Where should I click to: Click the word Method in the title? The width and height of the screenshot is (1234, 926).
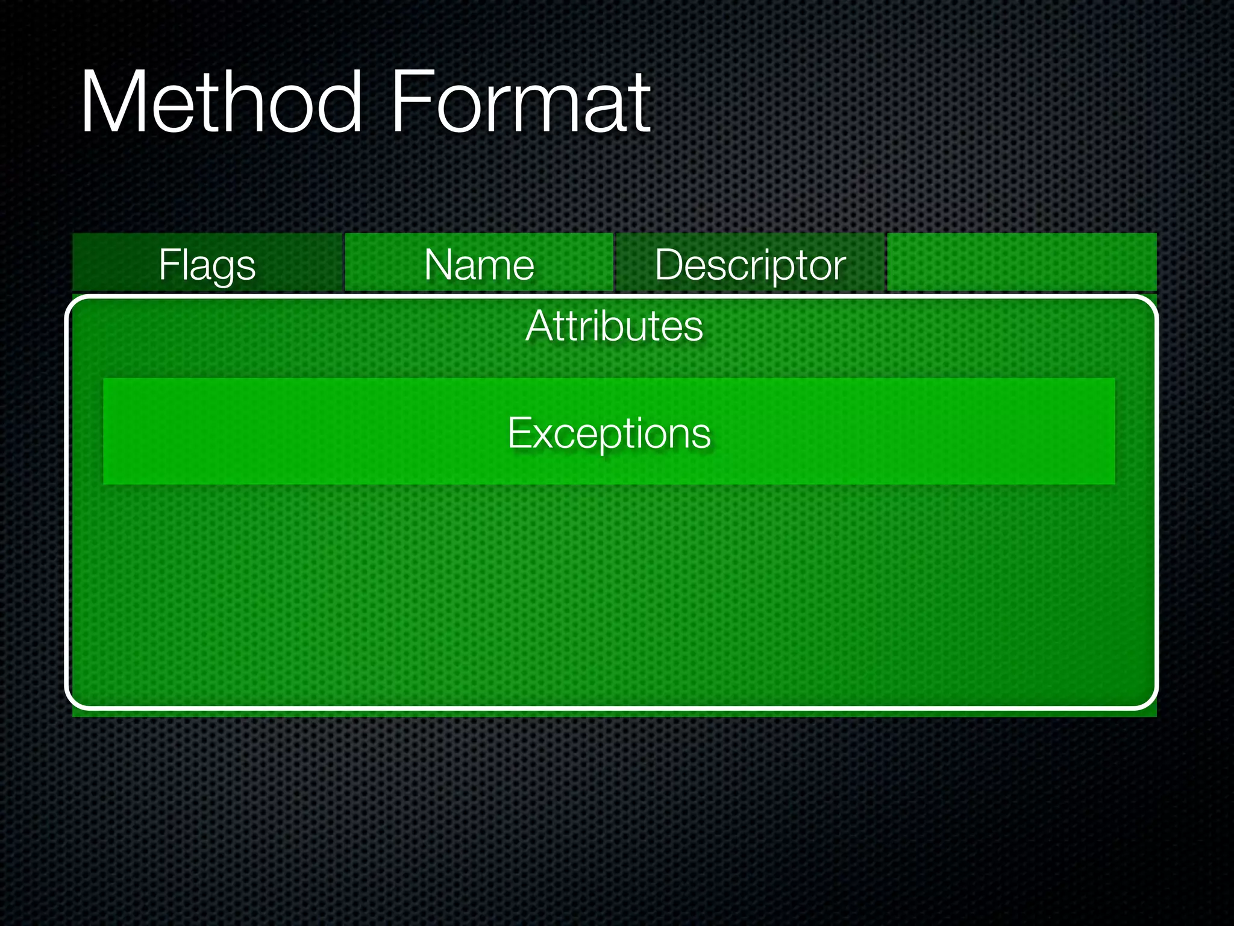[x=221, y=102]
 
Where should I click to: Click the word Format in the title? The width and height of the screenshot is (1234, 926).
[x=521, y=102]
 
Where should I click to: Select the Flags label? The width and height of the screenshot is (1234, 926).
[x=207, y=265]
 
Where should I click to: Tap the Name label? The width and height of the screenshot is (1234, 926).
[x=479, y=265]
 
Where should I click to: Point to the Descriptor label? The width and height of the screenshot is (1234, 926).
[x=750, y=265]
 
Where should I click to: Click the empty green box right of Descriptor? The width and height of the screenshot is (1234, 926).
[x=1022, y=263]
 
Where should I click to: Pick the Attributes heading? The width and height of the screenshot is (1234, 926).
[x=614, y=326]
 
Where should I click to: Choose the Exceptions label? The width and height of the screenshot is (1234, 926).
[x=609, y=433]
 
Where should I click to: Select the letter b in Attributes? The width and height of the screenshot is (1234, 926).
[x=609, y=326]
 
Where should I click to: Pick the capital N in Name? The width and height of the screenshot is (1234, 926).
[x=438, y=265]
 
